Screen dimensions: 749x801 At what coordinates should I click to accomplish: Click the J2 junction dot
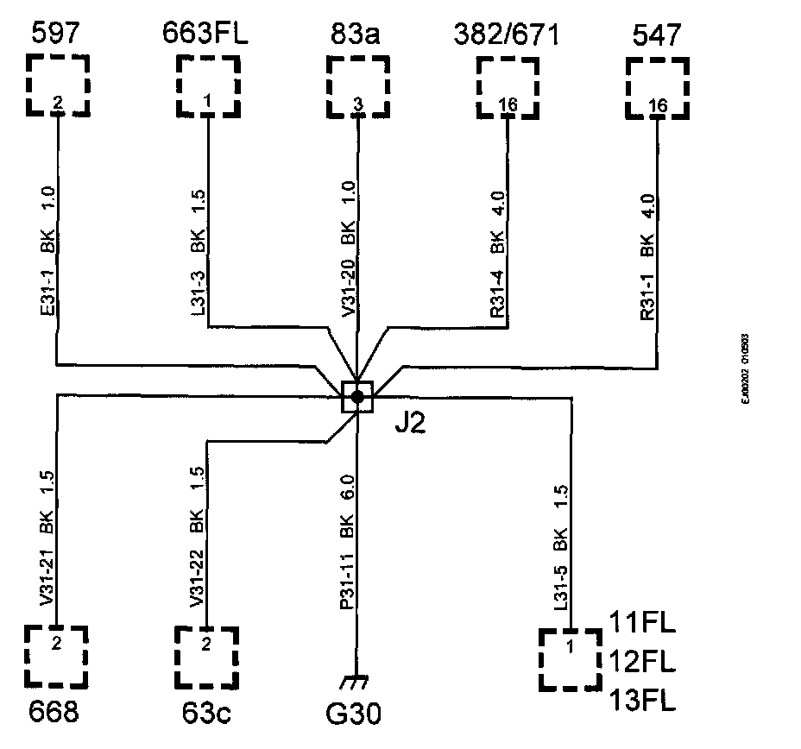pos(356,396)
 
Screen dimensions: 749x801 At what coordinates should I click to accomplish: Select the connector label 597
pos(56,35)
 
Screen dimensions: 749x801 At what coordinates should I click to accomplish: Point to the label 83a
pos(356,35)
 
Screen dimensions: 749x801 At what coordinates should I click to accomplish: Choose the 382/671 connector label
pos(507,35)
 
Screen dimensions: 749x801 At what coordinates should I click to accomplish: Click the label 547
pos(658,35)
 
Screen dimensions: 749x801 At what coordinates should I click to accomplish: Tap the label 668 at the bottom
pos(54,713)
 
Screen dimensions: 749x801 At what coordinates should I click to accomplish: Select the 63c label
pos(205,713)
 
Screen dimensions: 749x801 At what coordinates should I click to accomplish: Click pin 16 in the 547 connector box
pos(658,105)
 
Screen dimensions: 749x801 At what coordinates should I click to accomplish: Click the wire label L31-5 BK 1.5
pos(561,549)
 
